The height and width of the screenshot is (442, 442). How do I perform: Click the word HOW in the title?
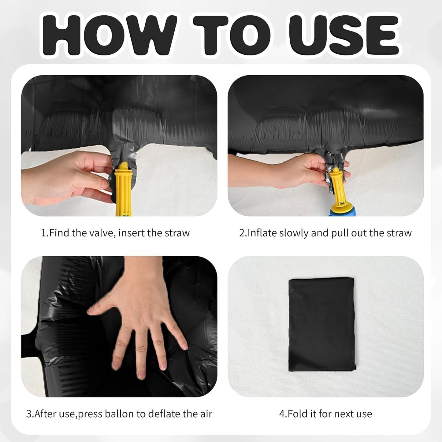pyautogui.click(x=110, y=35)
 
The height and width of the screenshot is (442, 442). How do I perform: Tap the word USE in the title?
pyautogui.click(x=344, y=35)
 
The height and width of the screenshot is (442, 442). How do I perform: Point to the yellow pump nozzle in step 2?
pyautogui.click(x=338, y=188)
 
